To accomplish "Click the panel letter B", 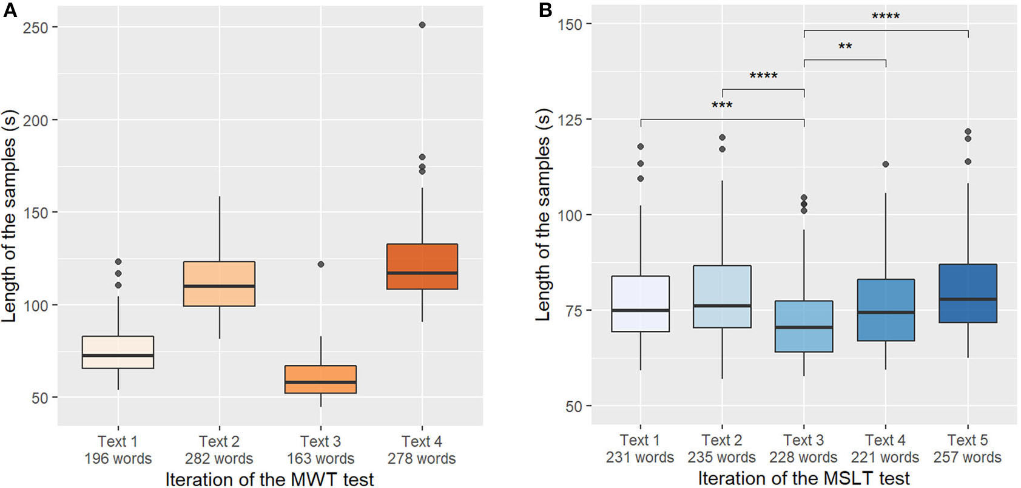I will pos(545,10).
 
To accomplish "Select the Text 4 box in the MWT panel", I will pos(422,266).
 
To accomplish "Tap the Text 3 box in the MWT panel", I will pos(320,379).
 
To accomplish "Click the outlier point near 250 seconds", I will pos(422,25).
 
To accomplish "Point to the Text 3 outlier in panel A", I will pos(320,264).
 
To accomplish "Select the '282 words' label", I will pos(219,458).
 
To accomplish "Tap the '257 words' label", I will pos(967,457).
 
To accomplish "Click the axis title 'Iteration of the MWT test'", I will pos(269,479).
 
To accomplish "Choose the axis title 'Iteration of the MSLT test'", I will pos(803,478).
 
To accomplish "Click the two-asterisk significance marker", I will pos(844,47).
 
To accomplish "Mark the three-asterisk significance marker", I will pos(722,106).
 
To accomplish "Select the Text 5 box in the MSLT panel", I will pos(967,293).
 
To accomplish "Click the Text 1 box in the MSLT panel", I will pos(640,303).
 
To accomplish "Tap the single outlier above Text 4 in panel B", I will pos(885,164).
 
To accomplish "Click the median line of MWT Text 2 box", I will pos(219,286).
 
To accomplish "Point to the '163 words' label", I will pos(320,458).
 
